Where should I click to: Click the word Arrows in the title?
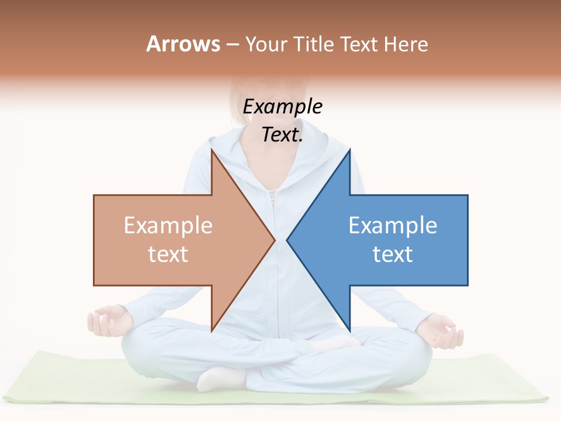[x=182, y=44]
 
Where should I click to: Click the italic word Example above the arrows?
[x=282, y=107]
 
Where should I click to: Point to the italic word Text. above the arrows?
[x=282, y=135]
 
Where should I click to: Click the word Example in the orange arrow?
[x=168, y=225]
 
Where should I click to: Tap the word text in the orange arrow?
[x=168, y=254]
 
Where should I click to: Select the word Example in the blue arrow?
[x=393, y=225]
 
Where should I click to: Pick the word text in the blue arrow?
[x=393, y=254]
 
